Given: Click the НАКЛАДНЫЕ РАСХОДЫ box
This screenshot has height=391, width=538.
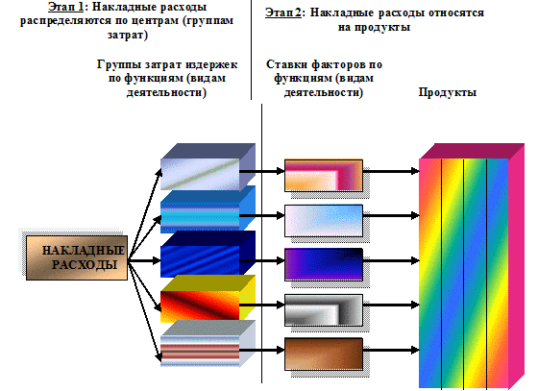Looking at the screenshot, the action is coord(77,257).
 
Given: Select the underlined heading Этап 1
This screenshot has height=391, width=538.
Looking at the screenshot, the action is coord(66,7).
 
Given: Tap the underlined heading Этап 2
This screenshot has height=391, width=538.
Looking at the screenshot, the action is coord(283,12).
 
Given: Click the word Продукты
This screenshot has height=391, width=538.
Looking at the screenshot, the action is coord(448,92).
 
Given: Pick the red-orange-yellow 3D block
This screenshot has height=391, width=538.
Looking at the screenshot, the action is coord(208,299).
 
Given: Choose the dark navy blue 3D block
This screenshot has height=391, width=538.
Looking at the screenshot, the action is coord(208,255).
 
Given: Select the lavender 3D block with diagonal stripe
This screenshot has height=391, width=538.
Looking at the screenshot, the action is coord(208,167).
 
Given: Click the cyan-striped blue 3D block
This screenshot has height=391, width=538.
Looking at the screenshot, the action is coord(208,209).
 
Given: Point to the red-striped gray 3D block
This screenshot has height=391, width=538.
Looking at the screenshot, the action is coord(208,344).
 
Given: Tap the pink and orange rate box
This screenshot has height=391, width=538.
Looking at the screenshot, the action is coord(324,175).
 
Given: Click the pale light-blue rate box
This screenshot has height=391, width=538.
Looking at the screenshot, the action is coord(324,221).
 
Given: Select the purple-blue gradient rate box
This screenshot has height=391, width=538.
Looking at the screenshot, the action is coord(324,264).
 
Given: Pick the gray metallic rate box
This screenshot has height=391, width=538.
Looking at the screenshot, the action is coord(324,309).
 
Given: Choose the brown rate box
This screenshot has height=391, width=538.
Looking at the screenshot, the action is coord(324,354).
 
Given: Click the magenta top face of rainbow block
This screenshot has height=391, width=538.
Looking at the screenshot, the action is coord(472,151).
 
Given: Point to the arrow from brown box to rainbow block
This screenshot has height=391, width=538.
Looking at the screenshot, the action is coord(391,351).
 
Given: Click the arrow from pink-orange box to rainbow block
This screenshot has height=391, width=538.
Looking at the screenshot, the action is coord(391,171).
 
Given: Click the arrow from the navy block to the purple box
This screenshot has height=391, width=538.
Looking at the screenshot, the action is coord(261,260).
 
